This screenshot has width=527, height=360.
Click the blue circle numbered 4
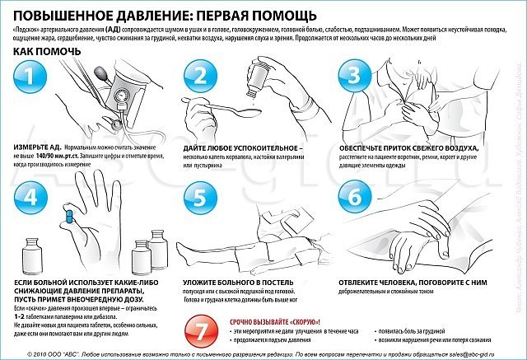[30, 199]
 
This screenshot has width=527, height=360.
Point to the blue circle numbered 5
[199, 198]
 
